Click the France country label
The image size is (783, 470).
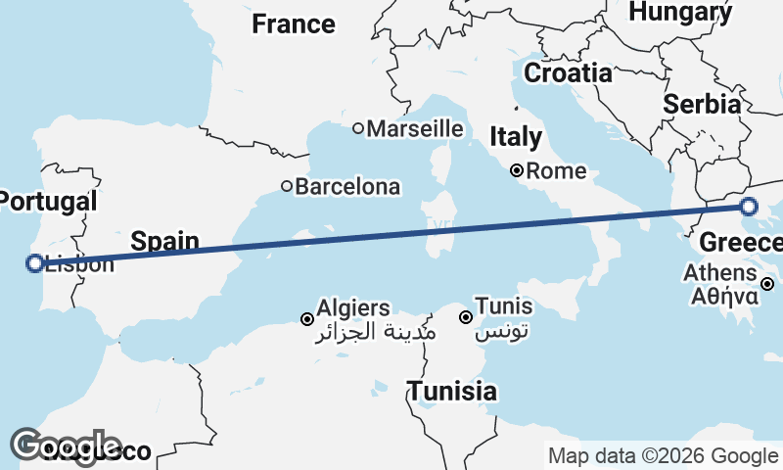pos(294,23)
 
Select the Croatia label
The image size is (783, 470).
pos(568,72)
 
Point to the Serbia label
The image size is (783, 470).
pos(701,104)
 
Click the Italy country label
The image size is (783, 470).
pos(516,136)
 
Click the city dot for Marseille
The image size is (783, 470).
pos(358,128)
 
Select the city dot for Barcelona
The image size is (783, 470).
pos(287,186)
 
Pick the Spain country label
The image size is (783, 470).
pos(165,241)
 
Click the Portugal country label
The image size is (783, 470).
pos(48,202)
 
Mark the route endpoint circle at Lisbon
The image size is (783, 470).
pos(35,262)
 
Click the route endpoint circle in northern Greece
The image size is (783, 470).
pos(749,207)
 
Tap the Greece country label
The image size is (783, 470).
pos(741,241)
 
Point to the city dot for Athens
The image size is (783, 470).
pos(768,284)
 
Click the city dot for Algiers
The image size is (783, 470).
pos(307,319)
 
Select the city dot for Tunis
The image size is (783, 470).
pos(466,316)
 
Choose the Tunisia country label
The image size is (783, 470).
pos(452,392)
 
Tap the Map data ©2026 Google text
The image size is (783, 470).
pos(664,455)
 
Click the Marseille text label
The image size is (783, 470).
pos(415,128)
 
